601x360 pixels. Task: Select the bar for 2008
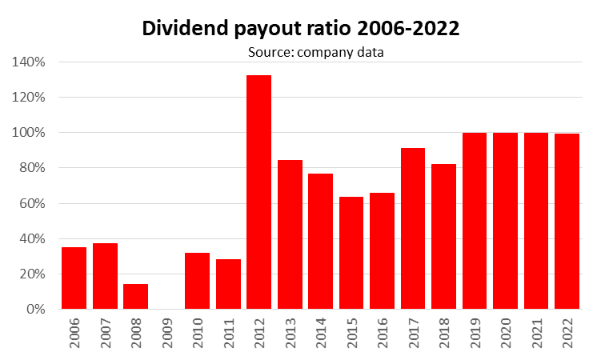point(135,296)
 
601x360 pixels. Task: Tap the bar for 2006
point(74,278)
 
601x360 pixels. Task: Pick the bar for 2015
point(351,253)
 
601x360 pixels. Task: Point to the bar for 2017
point(413,228)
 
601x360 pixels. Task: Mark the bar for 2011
point(228,284)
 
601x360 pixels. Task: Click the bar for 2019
point(475,221)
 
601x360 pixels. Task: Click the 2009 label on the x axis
point(167,334)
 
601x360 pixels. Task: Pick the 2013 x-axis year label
point(290,334)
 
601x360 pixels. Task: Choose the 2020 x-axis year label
point(506,334)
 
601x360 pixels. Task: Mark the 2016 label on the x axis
point(383,334)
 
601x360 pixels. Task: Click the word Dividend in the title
point(183,29)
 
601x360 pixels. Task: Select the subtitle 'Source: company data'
point(303,53)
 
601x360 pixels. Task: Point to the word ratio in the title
point(319,29)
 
